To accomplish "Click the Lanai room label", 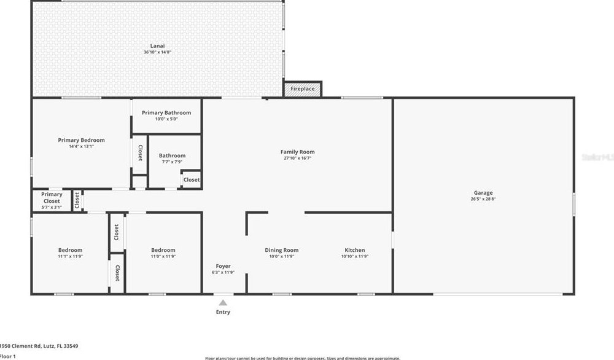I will pos(157,46).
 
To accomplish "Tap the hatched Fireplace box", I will pos(302,89).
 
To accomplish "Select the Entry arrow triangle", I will pos(223,302).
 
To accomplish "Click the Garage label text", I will pos(483,193).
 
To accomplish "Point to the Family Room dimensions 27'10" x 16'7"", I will pos(298,158).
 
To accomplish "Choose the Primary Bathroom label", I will pos(166,112).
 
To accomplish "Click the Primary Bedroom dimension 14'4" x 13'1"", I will pos(81,147).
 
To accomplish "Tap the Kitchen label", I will pos(354,250).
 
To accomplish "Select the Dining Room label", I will pos(282,250).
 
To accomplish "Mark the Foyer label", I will pos(223,266).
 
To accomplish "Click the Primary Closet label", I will pos(52,198).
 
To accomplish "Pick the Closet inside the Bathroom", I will pos(191,180).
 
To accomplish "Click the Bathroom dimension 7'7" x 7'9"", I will pos(172,162).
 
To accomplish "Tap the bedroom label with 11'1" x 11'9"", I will pos(70,250).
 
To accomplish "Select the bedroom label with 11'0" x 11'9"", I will pos(163,250).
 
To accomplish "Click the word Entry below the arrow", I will pos(223,312).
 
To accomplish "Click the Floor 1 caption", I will pos(7,356).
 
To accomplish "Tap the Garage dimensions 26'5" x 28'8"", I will pos(483,200).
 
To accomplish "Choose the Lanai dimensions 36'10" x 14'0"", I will pos(157,53).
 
